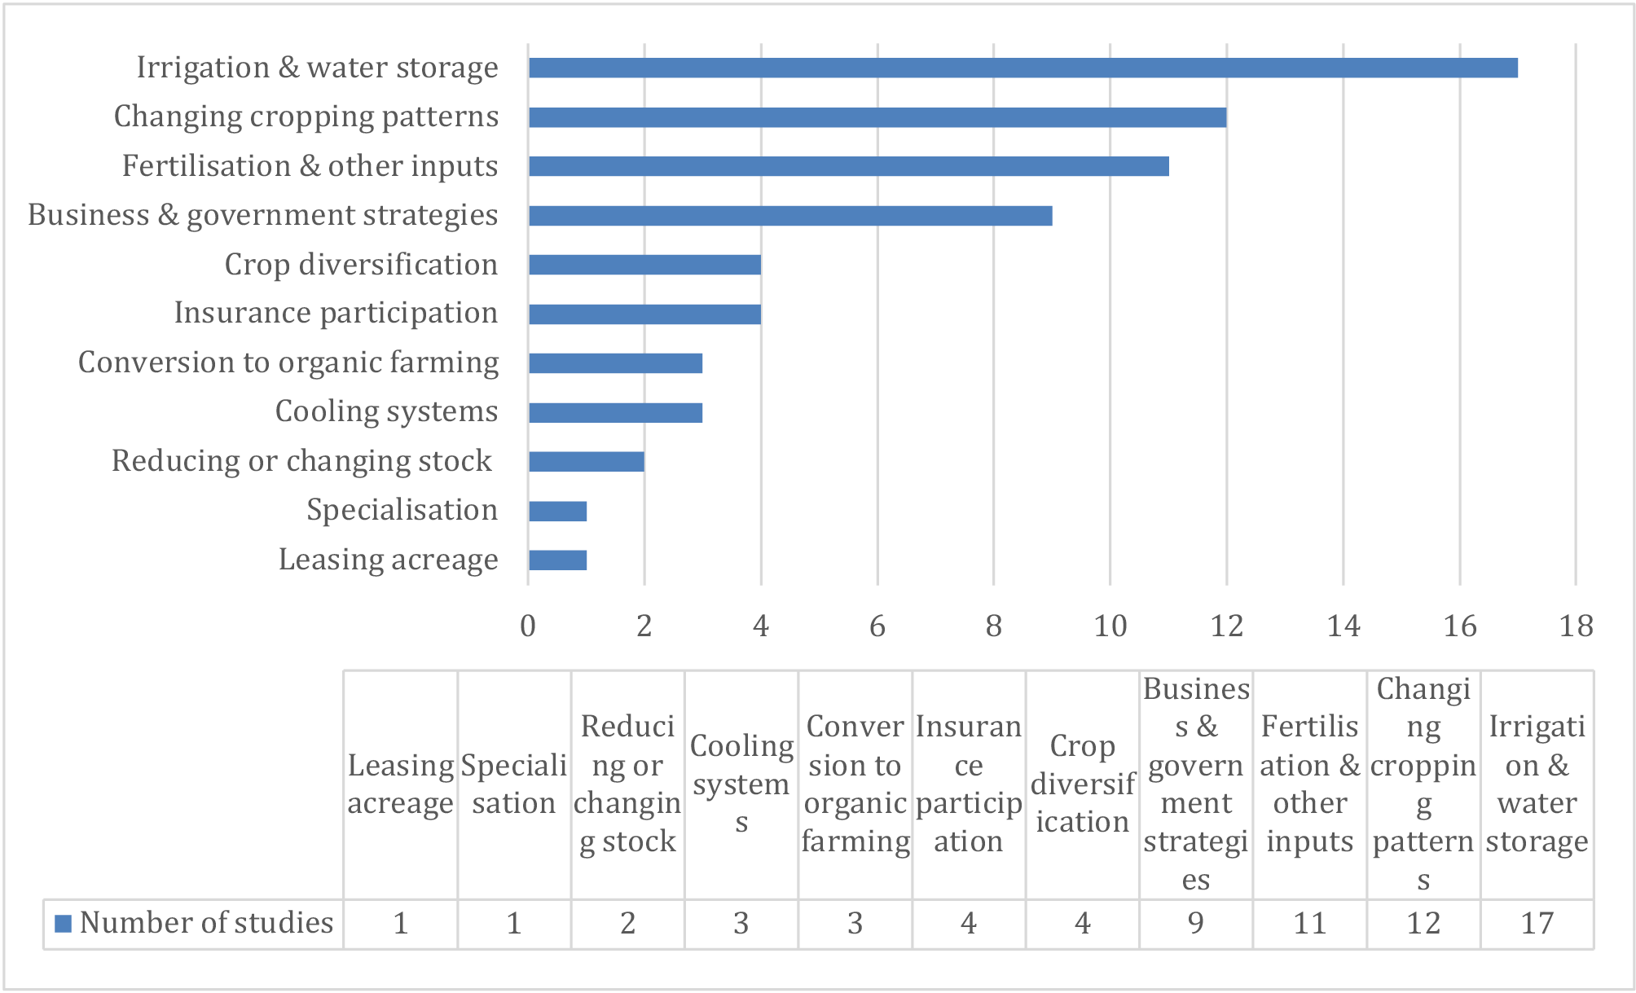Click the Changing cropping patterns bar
(x=877, y=117)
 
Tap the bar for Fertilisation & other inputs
(x=849, y=166)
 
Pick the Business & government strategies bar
(x=790, y=216)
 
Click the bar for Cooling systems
(x=615, y=413)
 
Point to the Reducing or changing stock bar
(x=587, y=462)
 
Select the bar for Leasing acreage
(x=557, y=560)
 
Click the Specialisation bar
(x=557, y=512)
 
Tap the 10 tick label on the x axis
(x=1110, y=626)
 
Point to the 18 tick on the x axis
(x=1577, y=626)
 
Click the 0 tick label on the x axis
(x=528, y=626)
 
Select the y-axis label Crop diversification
(x=361, y=265)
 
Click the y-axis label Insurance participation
(x=336, y=314)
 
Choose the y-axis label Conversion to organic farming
(x=288, y=362)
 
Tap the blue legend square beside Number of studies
(x=63, y=924)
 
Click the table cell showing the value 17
(x=1537, y=924)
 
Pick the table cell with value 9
(x=1196, y=924)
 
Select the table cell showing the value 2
(x=627, y=924)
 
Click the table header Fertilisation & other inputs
(x=1310, y=784)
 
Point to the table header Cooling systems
(x=741, y=784)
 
